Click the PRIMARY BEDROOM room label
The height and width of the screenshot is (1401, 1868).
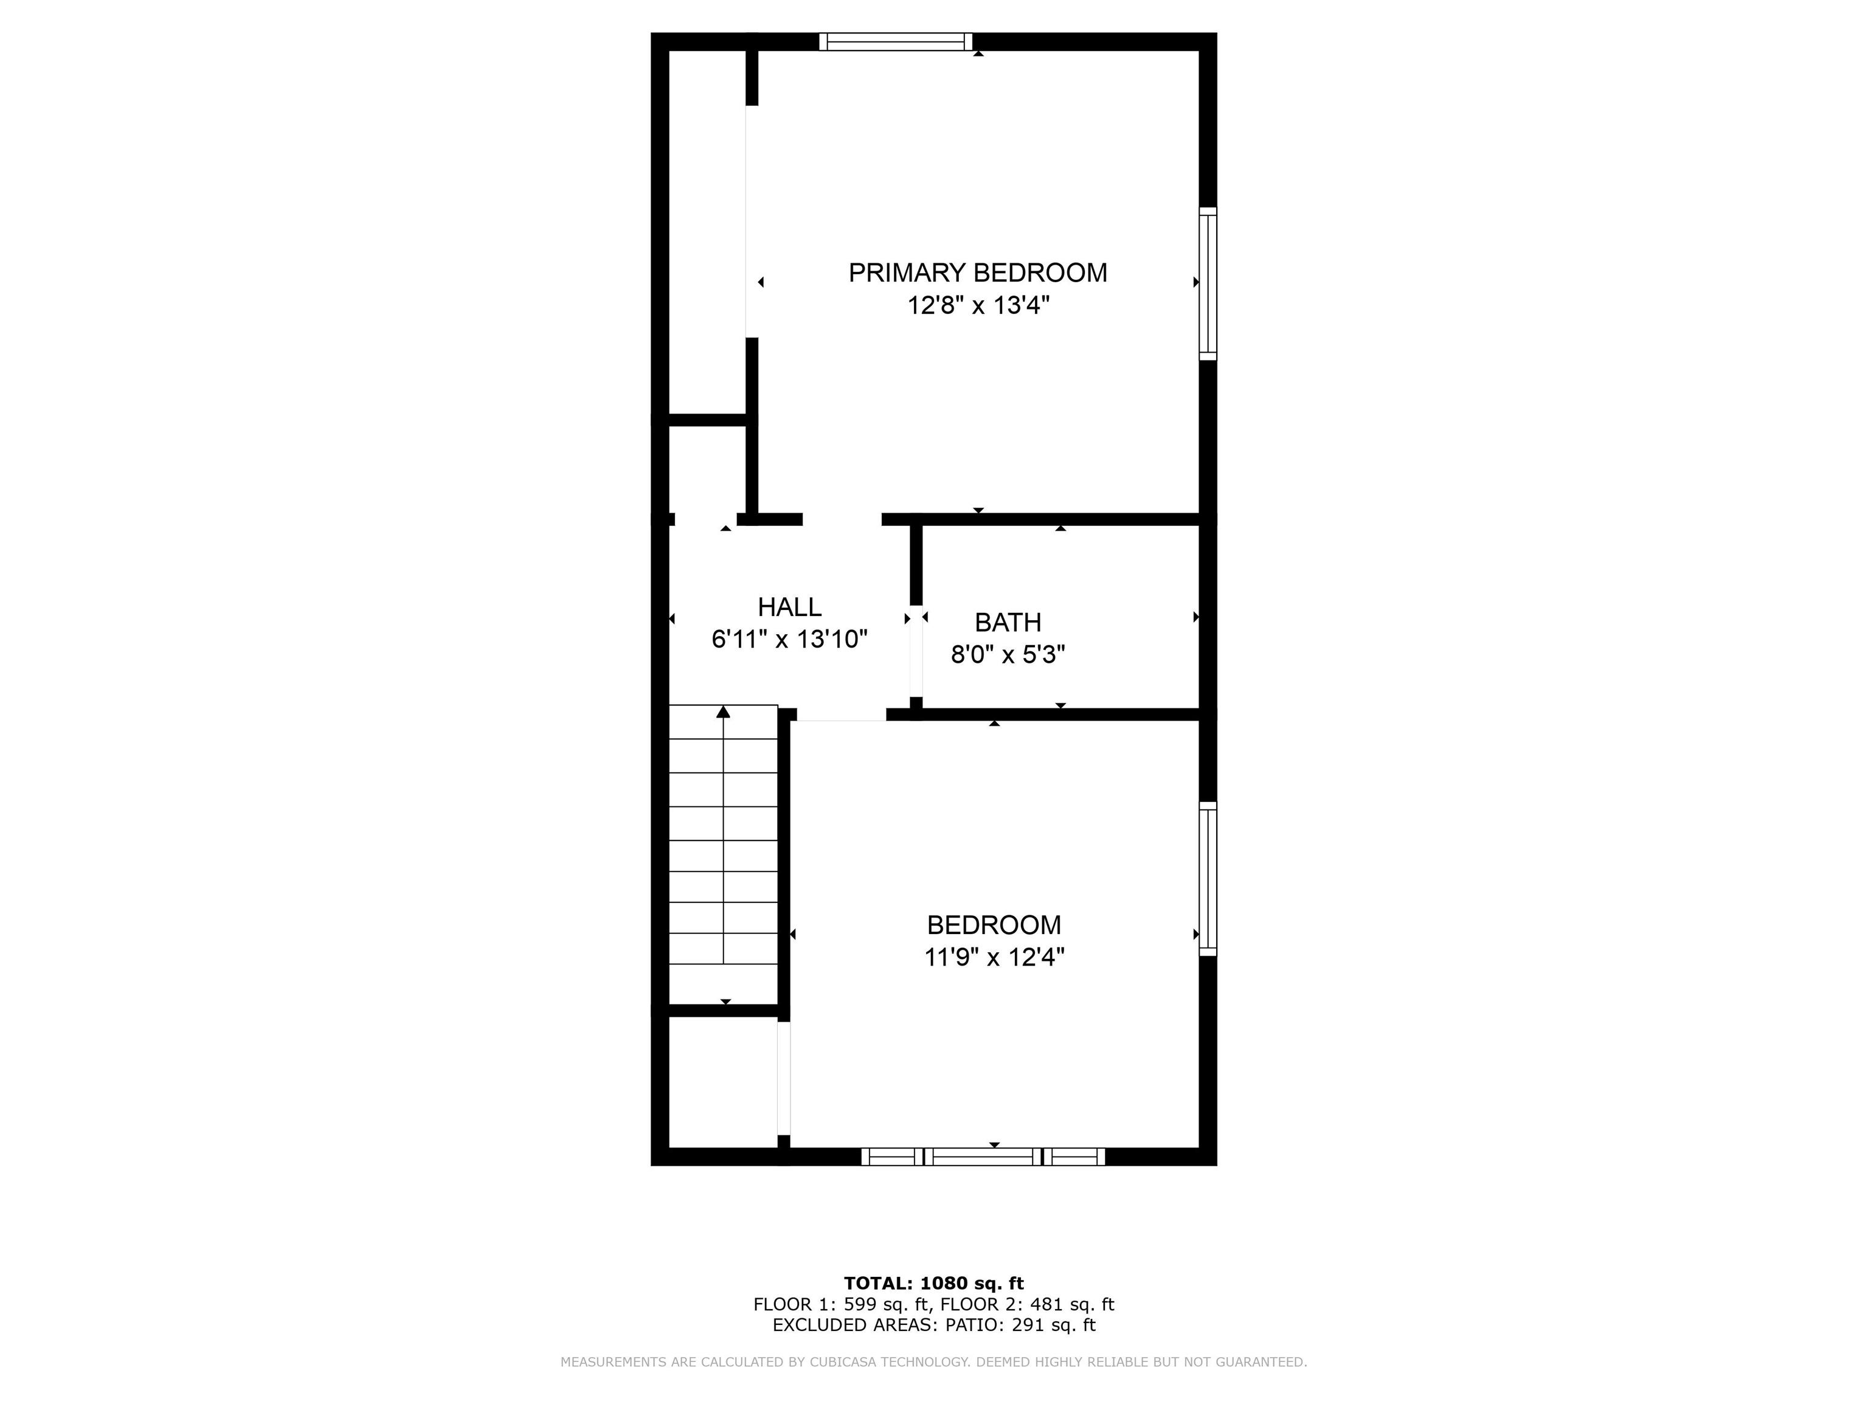click(977, 273)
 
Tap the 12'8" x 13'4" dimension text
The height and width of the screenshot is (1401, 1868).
click(978, 305)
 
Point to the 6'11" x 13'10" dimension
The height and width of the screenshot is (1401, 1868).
click(790, 639)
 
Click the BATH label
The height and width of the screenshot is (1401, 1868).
click(1008, 623)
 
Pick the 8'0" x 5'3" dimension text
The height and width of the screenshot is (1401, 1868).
click(1008, 654)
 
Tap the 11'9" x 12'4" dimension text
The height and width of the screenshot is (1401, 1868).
click(994, 956)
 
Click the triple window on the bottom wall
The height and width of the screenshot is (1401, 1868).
click(983, 1157)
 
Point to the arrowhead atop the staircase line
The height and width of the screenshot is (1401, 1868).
click(723, 712)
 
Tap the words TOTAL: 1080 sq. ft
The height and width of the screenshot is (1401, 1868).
click(934, 1284)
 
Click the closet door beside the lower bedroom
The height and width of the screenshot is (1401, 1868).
click(784, 1078)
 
